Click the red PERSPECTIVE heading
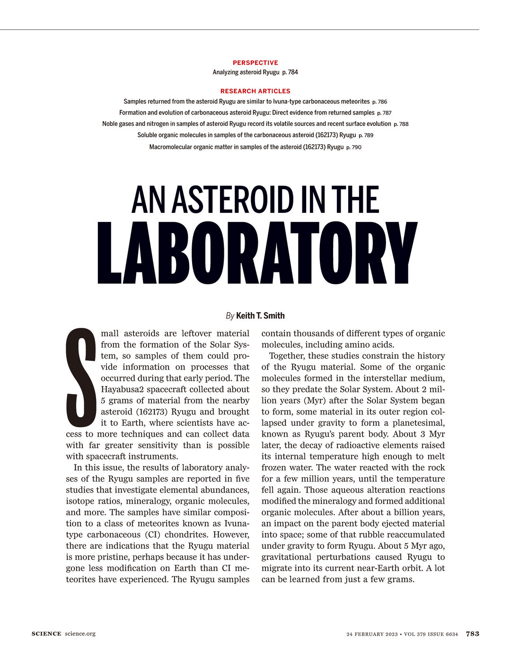255,62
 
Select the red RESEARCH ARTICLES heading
255,91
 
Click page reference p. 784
290,72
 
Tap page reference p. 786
379,102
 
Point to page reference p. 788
401,124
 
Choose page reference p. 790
353,147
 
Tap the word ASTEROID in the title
232,200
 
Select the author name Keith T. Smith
260,316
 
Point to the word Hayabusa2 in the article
122,389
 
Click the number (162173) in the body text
145,412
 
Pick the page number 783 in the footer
472,634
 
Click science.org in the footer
80,634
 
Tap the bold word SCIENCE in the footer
46,634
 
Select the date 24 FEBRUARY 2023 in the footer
372,634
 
